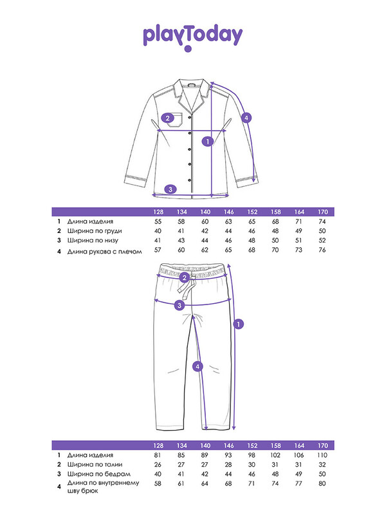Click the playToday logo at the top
[193, 37]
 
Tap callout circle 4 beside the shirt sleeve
[246, 118]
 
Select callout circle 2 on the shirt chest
[168, 118]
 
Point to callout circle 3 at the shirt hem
[170, 189]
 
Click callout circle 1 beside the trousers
[238, 324]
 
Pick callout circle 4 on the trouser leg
[198, 366]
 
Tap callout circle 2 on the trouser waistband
[185, 277]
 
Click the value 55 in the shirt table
[158, 221]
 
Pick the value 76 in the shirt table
[323, 250]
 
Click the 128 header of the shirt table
[158, 212]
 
